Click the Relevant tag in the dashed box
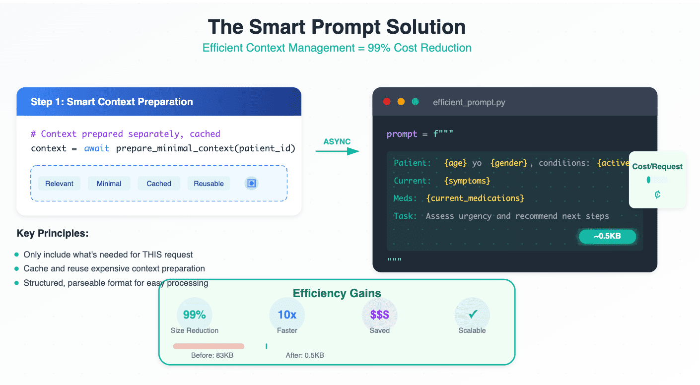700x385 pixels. pyautogui.click(x=59, y=184)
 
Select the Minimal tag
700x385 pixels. pyautogui.click(x=109, y=184)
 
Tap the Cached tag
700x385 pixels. pyautogui.click(x=159, y=184)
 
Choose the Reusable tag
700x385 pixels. pyautogui.click(x=209, y=184)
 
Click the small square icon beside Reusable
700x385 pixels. pyautogui.click(x=251, y=183)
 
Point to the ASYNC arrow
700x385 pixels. pyautogui.click(x=337, y=151)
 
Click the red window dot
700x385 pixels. pyautogui.click(x=387, y=102)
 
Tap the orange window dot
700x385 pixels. pyautogui.click(x=401, y=102)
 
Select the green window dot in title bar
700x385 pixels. pyautogui.click(x=415, y=102)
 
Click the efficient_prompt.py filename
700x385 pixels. pyautogui.click(x=469, y=102)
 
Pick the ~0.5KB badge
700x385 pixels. pyautogui.click(x=607, y=236)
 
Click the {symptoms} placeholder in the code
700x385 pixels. pyautogui.click(x=467, y=181)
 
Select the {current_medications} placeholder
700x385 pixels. pyautogui.click(x=475, y=198)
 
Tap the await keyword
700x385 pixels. pyautogui.click(x=97, y=148)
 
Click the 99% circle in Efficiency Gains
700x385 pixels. pyautogui.click(x=195, y=315)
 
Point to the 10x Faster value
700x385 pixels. pyautogui.click(x=287, y=315)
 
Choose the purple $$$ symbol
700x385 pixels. pyautogui.click(x=379, y=315)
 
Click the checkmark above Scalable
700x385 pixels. pyautogui.click(x=473, y=314)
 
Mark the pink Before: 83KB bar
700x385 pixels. pyautogui.click(x=209, y=346)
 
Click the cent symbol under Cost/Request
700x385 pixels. pyautogui.click(x=657, y=195)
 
